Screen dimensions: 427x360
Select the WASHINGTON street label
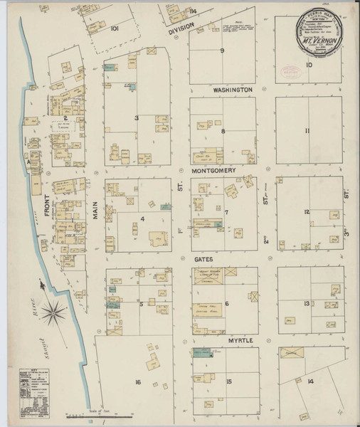(232, 90)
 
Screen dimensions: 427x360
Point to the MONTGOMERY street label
(218, 172)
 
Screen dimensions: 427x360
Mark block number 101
(114, 29)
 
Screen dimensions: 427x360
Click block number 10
(308, 65)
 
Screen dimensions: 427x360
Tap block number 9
(222, 51)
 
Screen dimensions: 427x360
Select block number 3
(137, 117)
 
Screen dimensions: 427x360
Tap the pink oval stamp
(290, 71)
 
